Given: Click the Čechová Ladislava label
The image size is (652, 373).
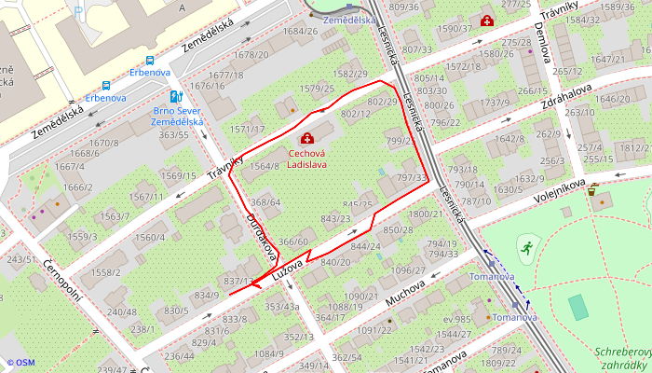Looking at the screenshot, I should tap(306, 158).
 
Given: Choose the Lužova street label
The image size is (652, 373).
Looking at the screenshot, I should tap(291, 271).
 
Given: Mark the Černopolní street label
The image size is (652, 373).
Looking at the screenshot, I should tap(63, 283).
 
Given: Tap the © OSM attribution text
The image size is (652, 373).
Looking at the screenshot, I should tap(20, 363).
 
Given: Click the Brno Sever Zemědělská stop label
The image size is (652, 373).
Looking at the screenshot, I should tap(177, 115).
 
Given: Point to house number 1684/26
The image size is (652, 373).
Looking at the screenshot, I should tap(300, 31).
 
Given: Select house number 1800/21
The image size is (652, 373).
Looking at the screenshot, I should tap(425, 214).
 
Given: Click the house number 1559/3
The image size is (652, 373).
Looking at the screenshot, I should tap(82, 236).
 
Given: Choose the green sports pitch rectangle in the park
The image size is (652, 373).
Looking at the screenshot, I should tap(578, 306).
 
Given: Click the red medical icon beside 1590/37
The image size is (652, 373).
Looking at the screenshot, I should tap(485, 20).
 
